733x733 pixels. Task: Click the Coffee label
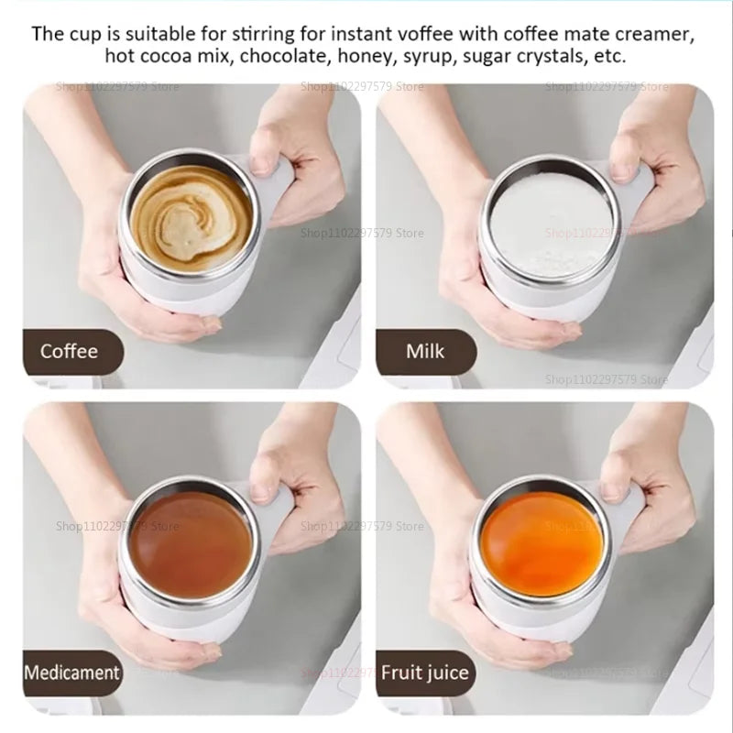tap(69, 351)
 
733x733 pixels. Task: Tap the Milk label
tap(425, 351)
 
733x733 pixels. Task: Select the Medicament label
tap(72, 673)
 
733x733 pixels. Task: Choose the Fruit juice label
tap(425, 673)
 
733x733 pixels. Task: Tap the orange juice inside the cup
tap(542, 542)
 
